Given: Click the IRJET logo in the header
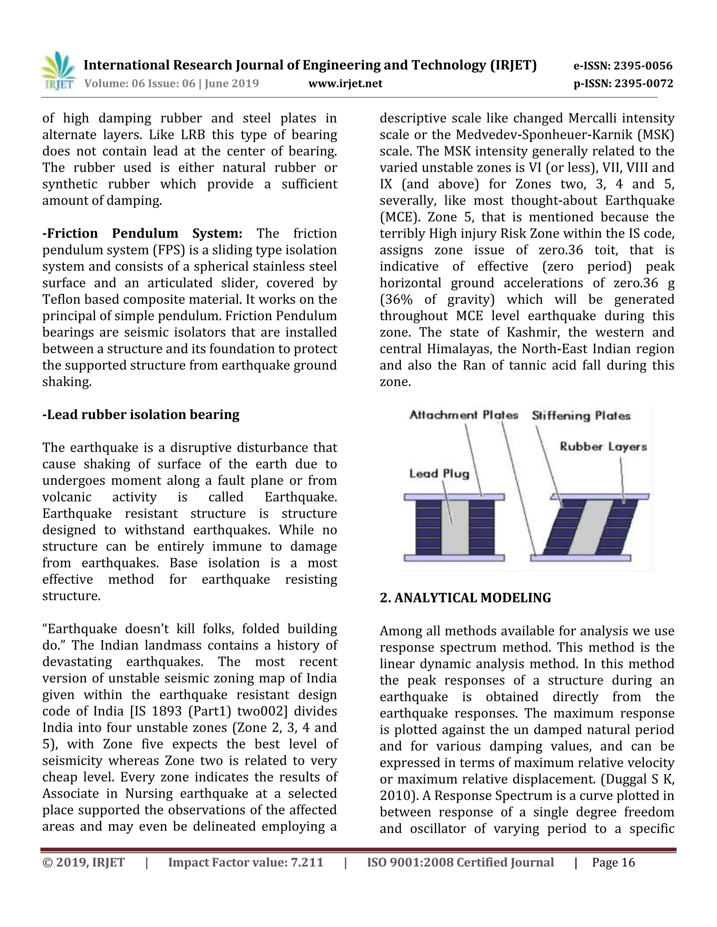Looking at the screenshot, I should (x=58, y=71).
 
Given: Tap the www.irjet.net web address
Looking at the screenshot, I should (x=345, y=84).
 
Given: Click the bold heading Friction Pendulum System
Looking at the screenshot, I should (x=142, y=233).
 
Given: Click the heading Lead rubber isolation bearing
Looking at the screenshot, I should (x=141, y=415).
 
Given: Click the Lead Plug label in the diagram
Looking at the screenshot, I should (x=439, y=474).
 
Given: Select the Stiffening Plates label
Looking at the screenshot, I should (x=581, y=416).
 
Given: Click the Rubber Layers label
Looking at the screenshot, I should (x=603, y=446).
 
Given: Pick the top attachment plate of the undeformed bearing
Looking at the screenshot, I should (x=454, y=497).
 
